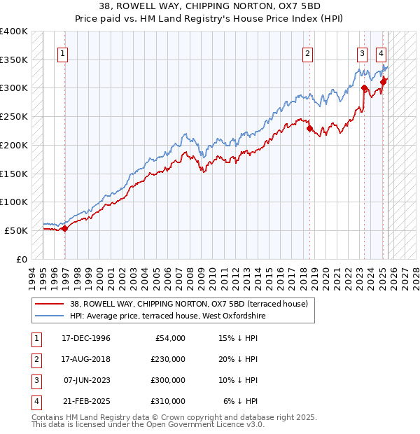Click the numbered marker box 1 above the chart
tap(63, 52)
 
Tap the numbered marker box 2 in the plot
tap(307, 52)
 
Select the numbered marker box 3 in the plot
tap(362, 52)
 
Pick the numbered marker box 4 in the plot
tap(381, 52)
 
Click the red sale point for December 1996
tap(64, 227)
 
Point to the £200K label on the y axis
tap(13, 145)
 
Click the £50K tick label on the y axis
tap(16, 230)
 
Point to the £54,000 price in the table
tap(169, 338)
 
